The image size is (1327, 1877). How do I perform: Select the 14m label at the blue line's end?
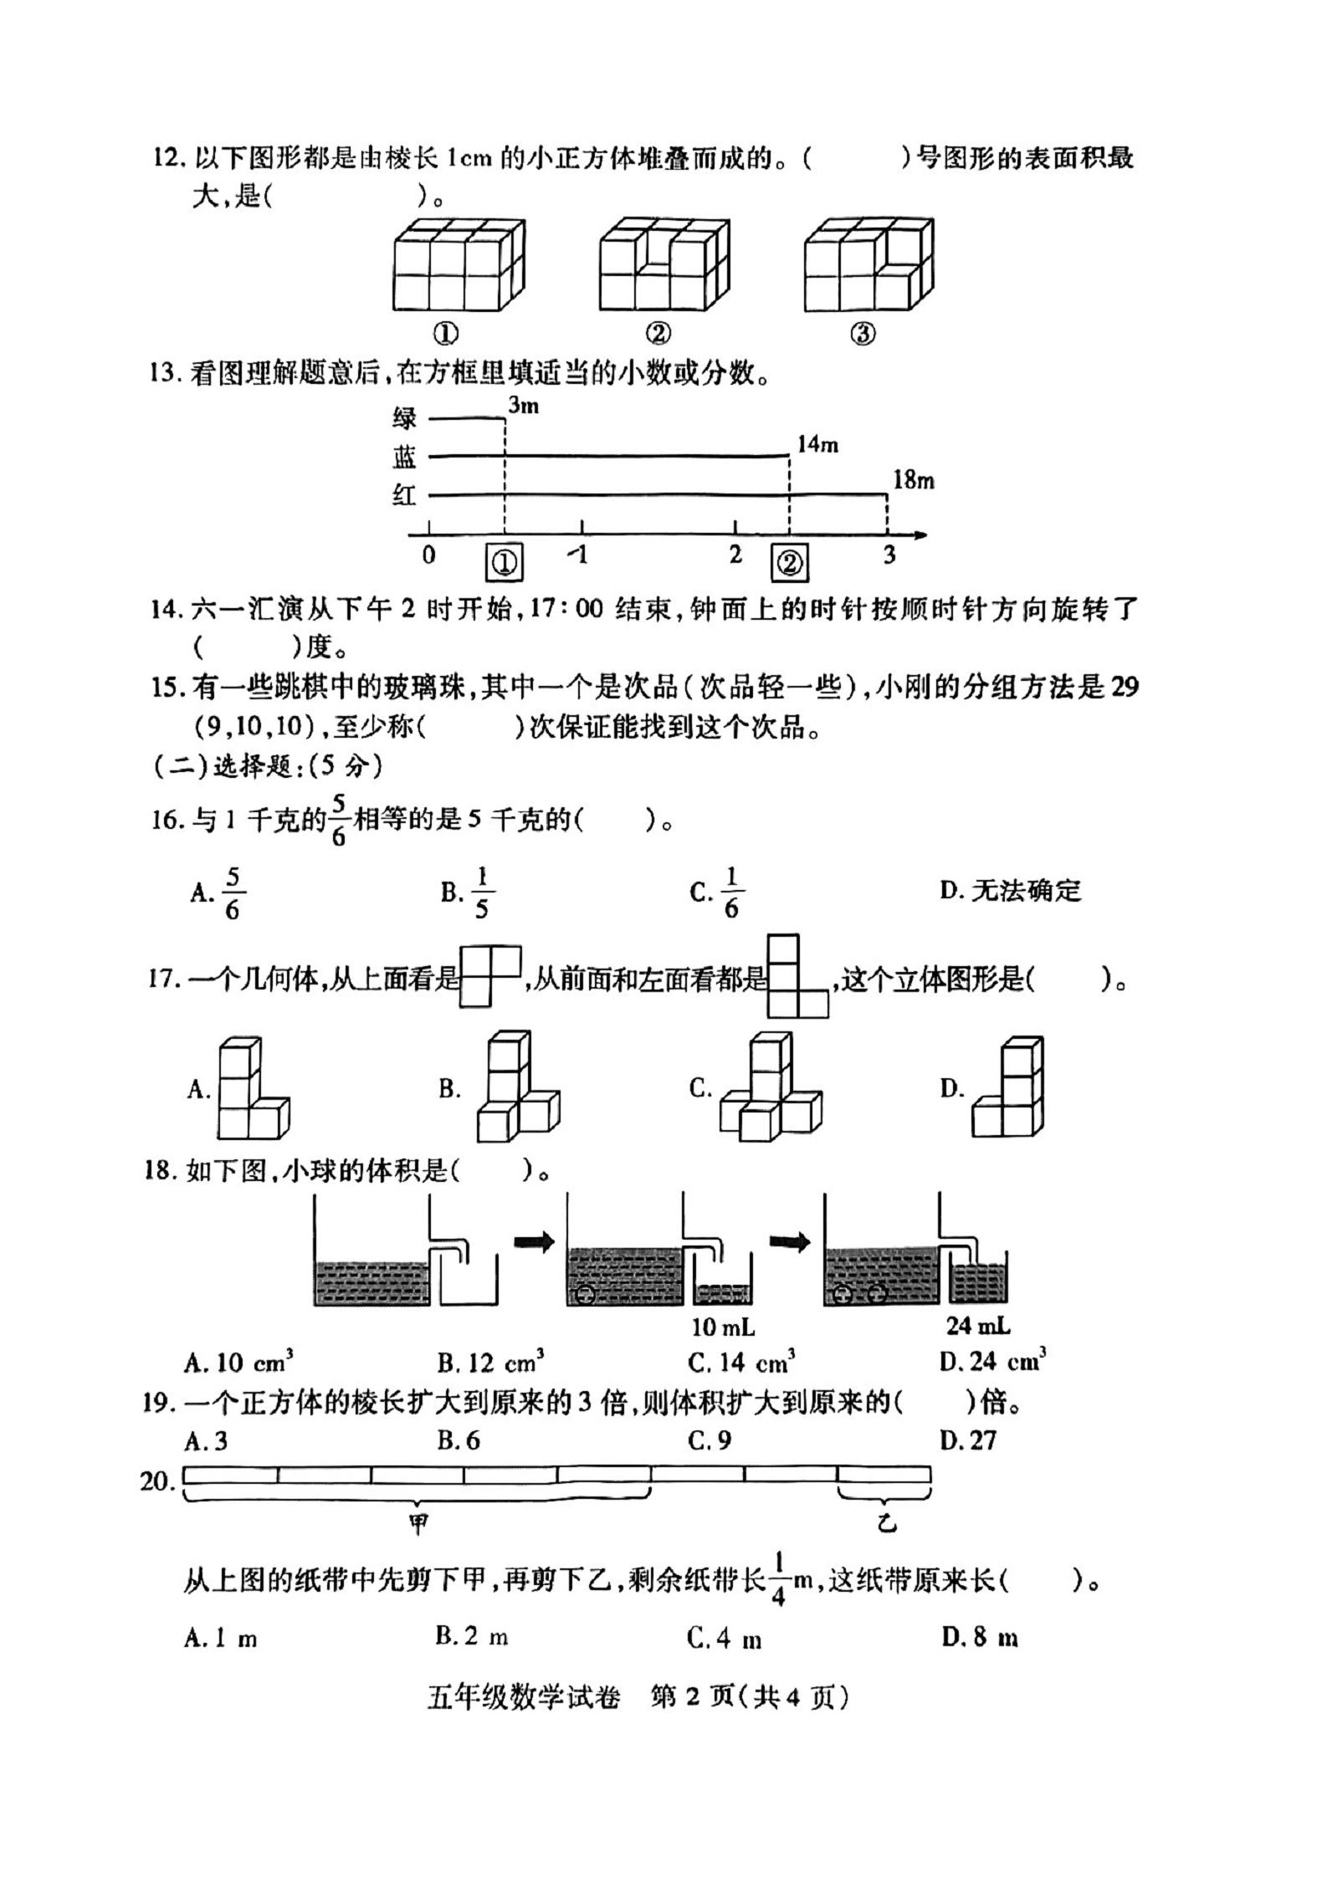[817, 444]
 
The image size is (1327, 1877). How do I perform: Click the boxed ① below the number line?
[504, 563]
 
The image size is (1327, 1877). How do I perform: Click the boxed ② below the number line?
[789, 563]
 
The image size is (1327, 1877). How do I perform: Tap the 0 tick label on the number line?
[428, 555]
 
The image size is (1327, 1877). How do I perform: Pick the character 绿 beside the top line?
[405, 417]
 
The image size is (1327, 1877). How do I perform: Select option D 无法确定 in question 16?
[1010, 891]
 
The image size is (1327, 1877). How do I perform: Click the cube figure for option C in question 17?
[770, 1086]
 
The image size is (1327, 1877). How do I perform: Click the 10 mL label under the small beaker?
[724, 1327]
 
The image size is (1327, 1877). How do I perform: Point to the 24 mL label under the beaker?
[978, 1326]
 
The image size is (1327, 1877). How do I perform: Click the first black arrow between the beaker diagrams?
[534, 1242]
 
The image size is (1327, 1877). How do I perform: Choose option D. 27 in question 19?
[968, 1440]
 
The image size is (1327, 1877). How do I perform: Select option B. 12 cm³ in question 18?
[490, 1363]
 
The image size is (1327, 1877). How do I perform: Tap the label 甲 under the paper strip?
[418, 1524]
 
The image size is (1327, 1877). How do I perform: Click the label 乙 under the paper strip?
[886, 1524]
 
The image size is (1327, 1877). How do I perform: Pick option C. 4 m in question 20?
[725, 1638]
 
